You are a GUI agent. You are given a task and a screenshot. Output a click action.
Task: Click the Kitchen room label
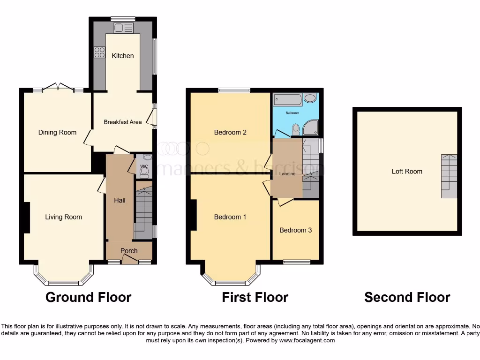[x=122, y=56]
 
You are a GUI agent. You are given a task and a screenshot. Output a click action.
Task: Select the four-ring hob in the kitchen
[x=99, y=52]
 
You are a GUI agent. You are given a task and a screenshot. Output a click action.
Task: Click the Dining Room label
[x=57, y=132]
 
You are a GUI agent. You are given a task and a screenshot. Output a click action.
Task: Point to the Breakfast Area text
[x=122, y=122]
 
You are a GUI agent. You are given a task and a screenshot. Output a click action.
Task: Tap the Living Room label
[x=63, y=217]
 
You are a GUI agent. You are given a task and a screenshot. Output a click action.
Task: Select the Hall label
[x=120, y=200]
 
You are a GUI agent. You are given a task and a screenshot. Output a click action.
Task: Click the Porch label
[x=129, y=251]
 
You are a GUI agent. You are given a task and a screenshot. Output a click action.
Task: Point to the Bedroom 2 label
[x=230, y=132]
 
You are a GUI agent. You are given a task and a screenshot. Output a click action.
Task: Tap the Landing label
[x=287, y=174]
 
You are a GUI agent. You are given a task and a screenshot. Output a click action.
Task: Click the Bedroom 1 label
[x=230, y=217]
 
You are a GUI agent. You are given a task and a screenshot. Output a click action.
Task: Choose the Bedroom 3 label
[x=295, y=230]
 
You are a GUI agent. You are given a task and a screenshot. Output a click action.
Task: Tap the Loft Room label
[x=407, y=171]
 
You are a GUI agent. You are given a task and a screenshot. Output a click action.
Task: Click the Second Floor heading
[x=407, y=297]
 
